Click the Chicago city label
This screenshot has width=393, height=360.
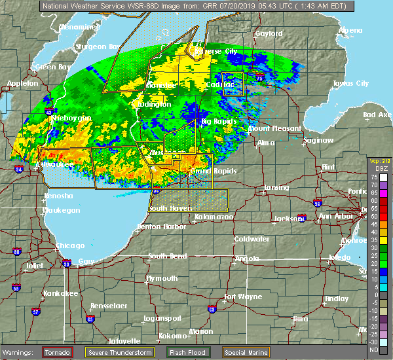point(70,245)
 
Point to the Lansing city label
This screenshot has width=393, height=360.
point(276,188)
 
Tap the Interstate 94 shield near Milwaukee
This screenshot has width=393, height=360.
point(18,168)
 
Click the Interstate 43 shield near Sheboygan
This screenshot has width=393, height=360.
point(48,112)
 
